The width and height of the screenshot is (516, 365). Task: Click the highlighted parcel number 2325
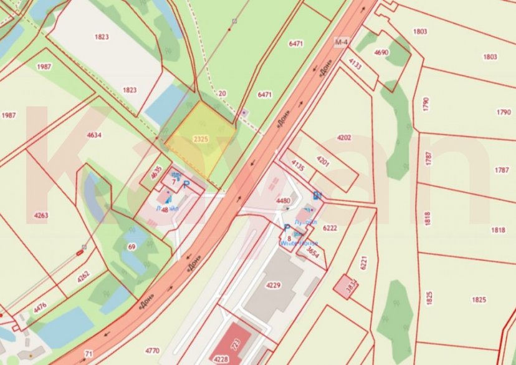pyautogui.click(x=201, y=139)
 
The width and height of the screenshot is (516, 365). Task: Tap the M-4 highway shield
pyautogui.click(x=340, y=42)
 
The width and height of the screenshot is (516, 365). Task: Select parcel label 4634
pyautogui.click(x=94, y=135)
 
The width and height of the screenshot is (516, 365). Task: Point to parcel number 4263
pyautogui.click(x=41, y=216)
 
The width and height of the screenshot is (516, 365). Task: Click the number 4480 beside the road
pyautogui.click(x=283, y=200)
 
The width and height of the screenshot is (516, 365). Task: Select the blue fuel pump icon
pyautogui.click(x=317, y=195)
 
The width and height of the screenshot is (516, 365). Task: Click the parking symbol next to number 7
pyautogui.click(x=186, y=183)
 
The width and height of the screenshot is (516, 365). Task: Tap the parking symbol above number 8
pyautogui.click(x=287, y=228)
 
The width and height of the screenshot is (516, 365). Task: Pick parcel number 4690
pyautogui.click(x=381, y=52)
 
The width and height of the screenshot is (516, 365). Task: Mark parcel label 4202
pyautogui.click(x=344, y=137)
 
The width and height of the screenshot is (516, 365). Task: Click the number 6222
pyautogui.click(x=330, y=228)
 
